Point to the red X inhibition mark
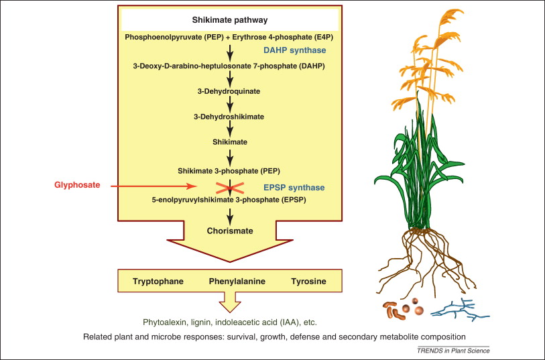pos(230,188)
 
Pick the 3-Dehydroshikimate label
pos(229,117)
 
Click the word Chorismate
pos(230,231)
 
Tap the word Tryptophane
pos(158,282)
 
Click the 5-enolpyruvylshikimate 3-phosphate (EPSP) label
pos(229,200)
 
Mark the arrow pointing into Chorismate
pos(230,216)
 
